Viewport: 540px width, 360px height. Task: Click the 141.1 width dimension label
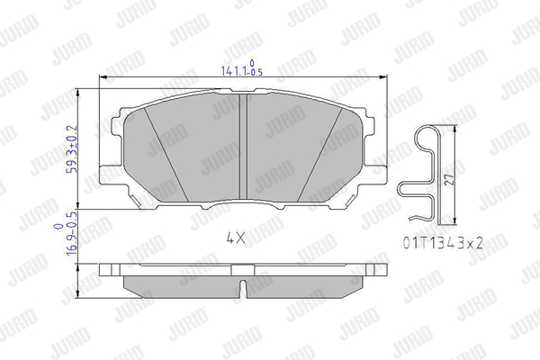tap(242, 67)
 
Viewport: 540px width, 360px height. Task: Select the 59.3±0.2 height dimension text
tap(73, 148)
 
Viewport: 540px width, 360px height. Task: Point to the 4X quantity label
tap(236, 238)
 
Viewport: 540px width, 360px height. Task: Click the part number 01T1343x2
tap(443, 244)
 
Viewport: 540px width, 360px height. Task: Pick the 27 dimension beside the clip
tap(449, 179)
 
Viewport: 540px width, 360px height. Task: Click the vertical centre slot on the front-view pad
tap(244, 146)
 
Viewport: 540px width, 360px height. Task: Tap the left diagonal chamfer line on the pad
tap(166, 154)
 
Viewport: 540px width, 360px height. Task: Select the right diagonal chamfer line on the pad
tap(319, 154)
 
